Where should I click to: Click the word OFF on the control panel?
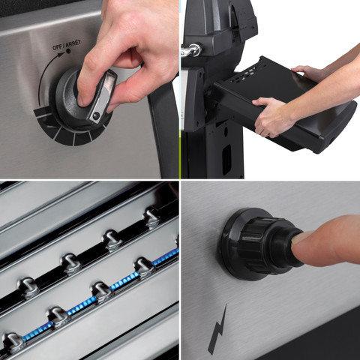(x=57, y=46)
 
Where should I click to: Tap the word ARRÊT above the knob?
(x=73, y=43)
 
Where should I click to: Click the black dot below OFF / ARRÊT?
(x=67, y=51)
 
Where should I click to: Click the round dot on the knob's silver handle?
(x=96, y=115)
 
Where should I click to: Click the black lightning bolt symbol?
(x=217, y=329)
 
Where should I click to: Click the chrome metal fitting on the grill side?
(x=192, y=49)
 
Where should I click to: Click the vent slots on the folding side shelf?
(x=247, y=73)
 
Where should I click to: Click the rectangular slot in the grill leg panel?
(x=226, y=160)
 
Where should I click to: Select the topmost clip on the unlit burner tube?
(x=152, y=217)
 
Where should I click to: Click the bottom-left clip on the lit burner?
(x=12, y=342)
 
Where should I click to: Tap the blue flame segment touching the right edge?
(x=166, y=257)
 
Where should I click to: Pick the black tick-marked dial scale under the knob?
(x=73, y=129)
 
